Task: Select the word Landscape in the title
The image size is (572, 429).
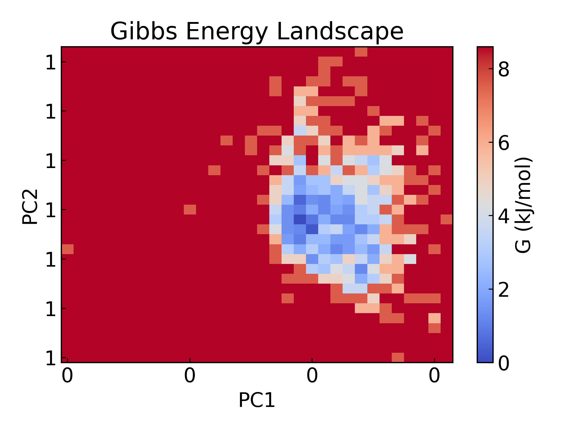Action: pyautogui.click(x=340, y=31)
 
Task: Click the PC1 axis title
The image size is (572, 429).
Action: pyautogui.click(x=257, y=400)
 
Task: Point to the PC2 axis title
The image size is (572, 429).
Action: pyautogui.click(x=30, y=206)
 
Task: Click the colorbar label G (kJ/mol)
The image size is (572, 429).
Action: pyautogui.click(x=523, y=205)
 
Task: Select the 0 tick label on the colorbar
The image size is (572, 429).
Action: pyautogui.click(x=504, y=363)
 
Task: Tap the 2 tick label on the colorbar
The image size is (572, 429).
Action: pyautogui.click(x=504, y=290)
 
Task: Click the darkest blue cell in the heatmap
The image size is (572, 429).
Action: pyautogui.click(x=300, y=220)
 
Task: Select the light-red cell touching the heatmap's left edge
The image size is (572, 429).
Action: pyautogui.click(x=68, y=249)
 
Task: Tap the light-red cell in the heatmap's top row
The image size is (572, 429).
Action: pyautogui.click(x=361, y=52)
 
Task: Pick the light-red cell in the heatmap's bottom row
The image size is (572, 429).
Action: pyautogui.click(x=398, y=357)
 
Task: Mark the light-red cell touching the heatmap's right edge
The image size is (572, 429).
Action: pyautogui.click(x=447, y=220)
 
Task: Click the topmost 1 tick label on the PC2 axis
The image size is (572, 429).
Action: pyautogui.click(x=51, y=63)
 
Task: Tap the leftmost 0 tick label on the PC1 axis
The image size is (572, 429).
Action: pyautogui.click(x=67, y=376)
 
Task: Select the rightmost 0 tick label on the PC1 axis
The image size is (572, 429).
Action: pyautogui.click(x=434, y=376)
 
